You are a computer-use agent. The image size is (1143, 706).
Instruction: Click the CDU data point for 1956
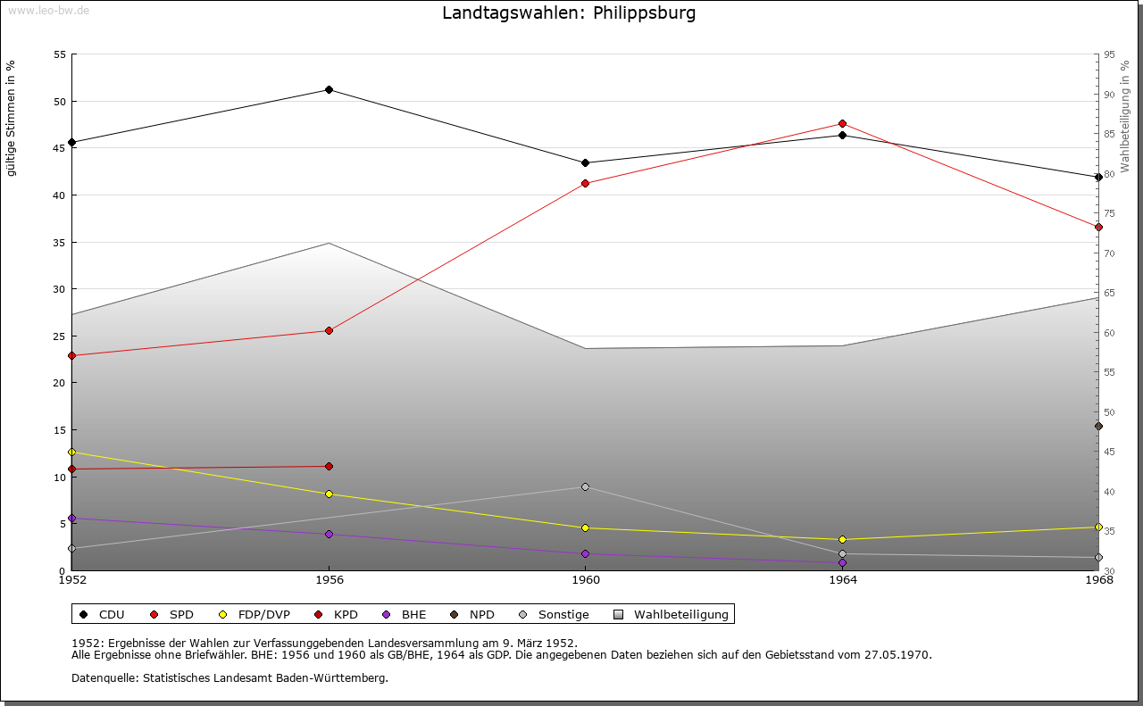click(x=330, y=90)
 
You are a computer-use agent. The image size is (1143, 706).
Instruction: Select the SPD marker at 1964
click(x=842, y=123)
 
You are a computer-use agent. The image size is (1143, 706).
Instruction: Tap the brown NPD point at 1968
click(x=1098, y=426)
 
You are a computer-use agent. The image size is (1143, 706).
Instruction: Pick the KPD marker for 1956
click(x=330, y=466)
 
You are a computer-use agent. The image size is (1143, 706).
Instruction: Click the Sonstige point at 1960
click(x=585, y=486)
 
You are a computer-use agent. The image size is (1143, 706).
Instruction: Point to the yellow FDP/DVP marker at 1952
click(x=72, y=452)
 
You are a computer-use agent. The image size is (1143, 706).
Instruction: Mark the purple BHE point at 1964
click(x=842, y=562)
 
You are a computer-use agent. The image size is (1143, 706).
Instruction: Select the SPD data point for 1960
click(x=585, y=183)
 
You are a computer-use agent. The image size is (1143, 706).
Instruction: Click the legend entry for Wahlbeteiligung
click(x=671, y=614)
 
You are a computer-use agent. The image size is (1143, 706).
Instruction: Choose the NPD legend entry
click(x=472, y=614)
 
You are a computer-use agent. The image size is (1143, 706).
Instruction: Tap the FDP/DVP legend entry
click(x=254, y=614)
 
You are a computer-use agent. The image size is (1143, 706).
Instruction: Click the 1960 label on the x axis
click(x=586, y=580)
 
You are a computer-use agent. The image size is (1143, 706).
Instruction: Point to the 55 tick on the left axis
click(x=60, y=54)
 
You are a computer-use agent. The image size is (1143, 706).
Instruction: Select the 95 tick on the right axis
click(x=1109, y=54)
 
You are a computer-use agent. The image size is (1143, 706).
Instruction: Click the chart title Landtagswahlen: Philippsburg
click(x=569, y=12)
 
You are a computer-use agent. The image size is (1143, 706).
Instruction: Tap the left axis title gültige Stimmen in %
click(x=11, y=119)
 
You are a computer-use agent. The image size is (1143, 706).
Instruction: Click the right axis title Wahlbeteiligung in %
click(x=1125, y=116)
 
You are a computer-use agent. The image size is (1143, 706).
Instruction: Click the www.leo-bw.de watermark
click(x=49, y=10)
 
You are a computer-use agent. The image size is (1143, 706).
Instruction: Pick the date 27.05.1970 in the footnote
click(x=897, y=654)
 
